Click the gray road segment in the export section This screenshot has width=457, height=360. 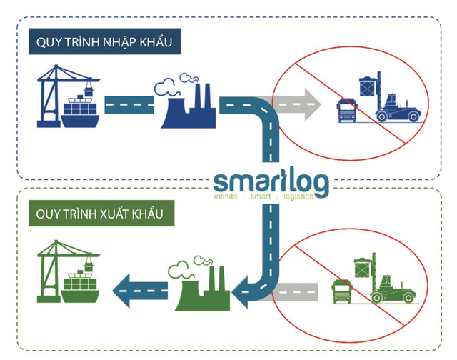point(296,291)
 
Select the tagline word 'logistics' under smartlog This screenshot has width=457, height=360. point(293,195)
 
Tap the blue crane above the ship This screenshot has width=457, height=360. point(61,82)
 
